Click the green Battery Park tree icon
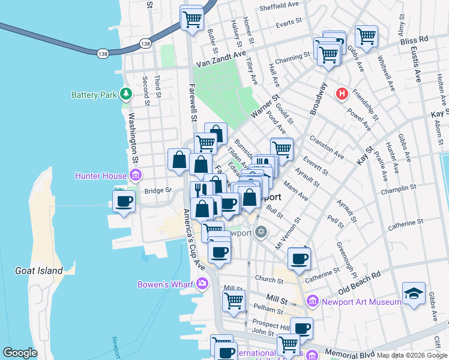click(x=126, y=94)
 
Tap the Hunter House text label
click(x=100, y=176)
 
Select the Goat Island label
click(x=38, y=271)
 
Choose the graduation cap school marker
click(x=414, y=293)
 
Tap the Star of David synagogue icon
click(x=261, y=232)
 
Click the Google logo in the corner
click(x=20, y=353)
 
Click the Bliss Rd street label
click(x=415, y=38)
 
